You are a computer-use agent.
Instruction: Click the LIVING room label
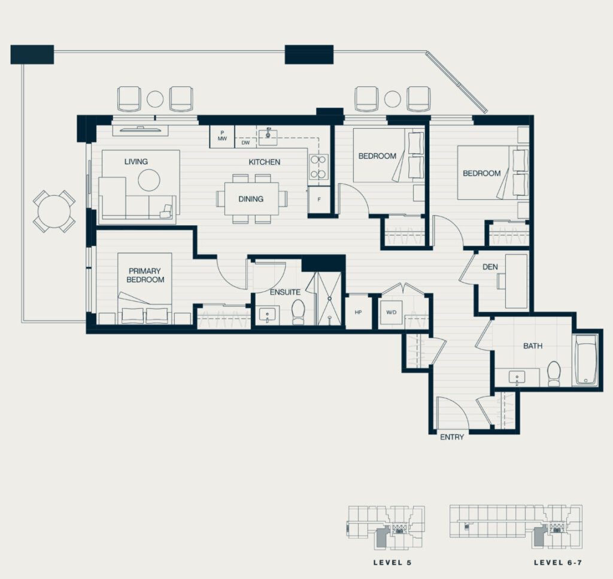[136, 162]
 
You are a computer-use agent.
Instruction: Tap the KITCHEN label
[264, 162]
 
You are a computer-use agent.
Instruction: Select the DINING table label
[251, 199]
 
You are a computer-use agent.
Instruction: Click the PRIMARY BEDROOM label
[145, 275]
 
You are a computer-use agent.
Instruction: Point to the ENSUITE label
[285, 292]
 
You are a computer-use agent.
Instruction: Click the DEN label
[490, 267]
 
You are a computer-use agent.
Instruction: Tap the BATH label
[532, 346]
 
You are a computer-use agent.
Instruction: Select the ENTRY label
[452, 437]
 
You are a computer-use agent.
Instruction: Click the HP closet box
[358, 311]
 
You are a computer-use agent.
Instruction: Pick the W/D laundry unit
[392, 313]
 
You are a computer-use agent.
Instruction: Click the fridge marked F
[319, 199]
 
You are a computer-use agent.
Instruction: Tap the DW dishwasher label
[245, 143]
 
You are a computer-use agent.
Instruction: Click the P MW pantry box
[222, 137]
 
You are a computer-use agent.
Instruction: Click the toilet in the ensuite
[299, 311]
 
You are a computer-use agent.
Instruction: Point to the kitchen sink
[268, 136]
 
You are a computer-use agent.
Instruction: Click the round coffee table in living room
[149, 180]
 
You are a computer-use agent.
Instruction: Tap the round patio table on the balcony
[54, 211]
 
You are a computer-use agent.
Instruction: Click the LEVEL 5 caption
[392, 563]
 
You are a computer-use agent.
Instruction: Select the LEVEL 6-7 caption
[558, 563]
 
